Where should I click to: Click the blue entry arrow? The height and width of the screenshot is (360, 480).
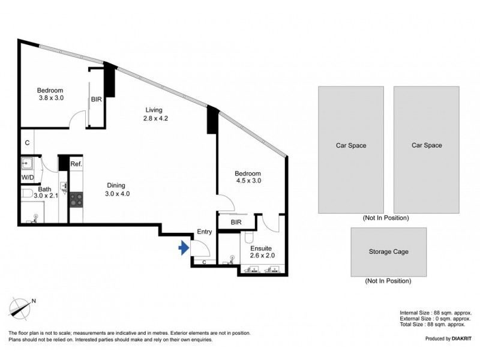pos(184,248)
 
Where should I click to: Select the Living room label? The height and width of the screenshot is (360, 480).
pos(155,114)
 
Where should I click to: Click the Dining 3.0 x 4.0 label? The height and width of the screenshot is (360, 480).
pos(117,190)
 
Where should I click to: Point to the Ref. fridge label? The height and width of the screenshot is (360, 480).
pos(76,164)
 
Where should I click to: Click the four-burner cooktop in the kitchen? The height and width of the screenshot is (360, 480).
pos(76,200)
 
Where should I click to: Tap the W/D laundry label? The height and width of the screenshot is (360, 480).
pos(28,178)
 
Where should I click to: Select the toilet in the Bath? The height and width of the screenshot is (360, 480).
pos(27,193)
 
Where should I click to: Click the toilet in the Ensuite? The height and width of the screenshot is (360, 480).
pos(248,236)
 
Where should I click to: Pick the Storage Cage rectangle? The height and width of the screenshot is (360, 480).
pos(388,252)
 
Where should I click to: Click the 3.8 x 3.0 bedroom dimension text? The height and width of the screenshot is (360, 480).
pos(51,98)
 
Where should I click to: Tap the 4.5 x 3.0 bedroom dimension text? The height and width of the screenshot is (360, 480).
pos(248,181)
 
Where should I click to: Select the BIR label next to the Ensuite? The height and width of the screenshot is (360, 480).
pos(236,222)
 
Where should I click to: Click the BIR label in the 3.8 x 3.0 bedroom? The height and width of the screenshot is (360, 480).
pos(97,100)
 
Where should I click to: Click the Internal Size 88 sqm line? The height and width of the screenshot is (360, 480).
pos(435,313)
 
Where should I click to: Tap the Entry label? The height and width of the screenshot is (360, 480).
pos(205,232)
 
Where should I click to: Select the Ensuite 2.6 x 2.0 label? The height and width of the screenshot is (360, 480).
pos(262,252)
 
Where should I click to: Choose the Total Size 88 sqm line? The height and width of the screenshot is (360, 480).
pos(433,325)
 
